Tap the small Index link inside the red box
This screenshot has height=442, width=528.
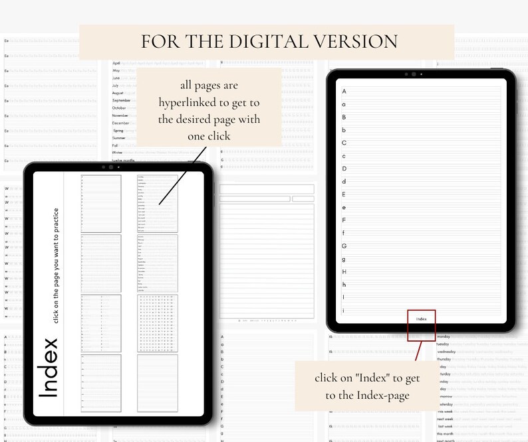(x=421, y=319)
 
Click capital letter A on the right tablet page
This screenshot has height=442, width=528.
(x=344, y=91)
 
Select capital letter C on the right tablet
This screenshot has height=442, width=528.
(x=344, y=143)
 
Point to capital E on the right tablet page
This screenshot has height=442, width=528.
(x=344, y=194)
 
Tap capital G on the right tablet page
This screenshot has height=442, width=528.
(x=344, y=246)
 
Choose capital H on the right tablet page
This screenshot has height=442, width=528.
(x=344, y=271)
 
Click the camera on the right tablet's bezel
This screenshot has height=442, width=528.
(x=414, y=74)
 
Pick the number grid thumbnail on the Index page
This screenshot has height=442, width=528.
(x=157, y=323)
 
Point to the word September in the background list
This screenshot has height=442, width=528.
(x=121, y=100)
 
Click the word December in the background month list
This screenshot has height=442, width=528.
(x=120, y=123)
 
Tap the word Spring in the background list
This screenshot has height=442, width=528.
(x=119, y=131)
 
